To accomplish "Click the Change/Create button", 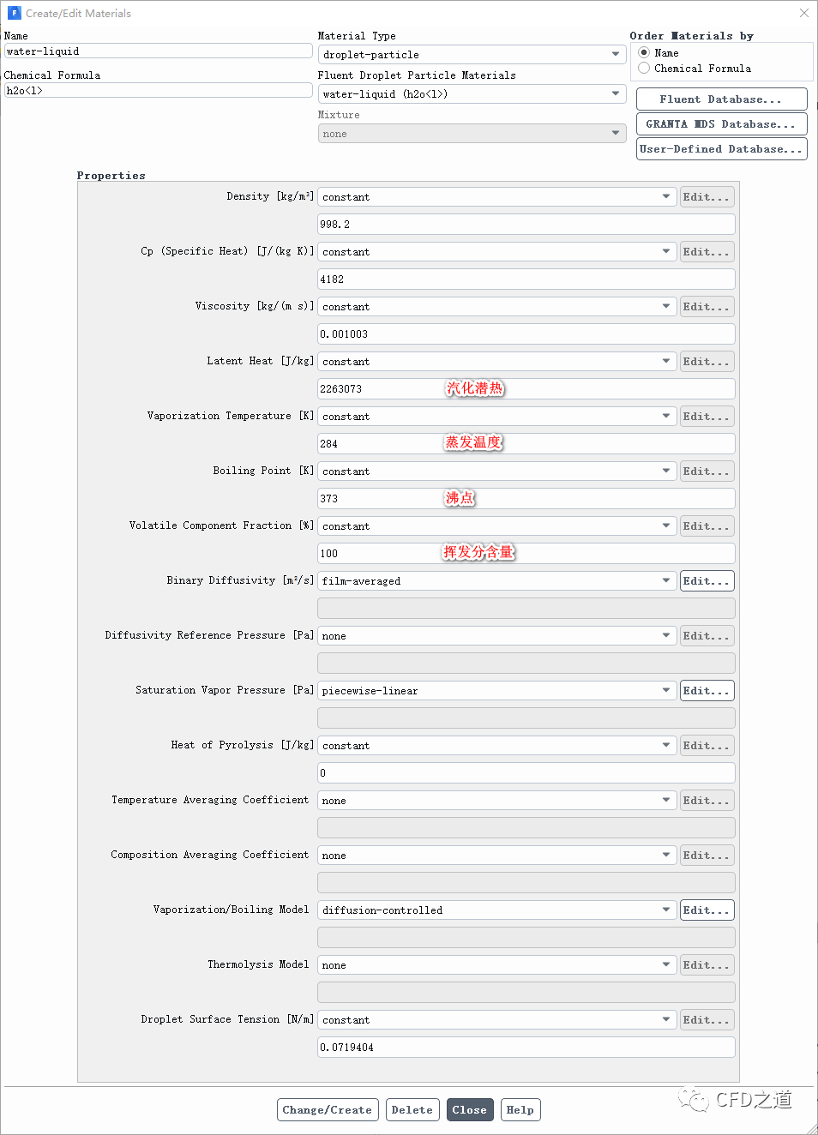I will (327, 1110).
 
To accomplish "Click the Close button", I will (469, 1110).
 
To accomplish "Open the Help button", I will (520, 1110).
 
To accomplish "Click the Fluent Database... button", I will (721, 99).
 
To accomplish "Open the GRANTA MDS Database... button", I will (721, 124).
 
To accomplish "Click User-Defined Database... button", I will (721, 149).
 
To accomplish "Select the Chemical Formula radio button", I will (644, 69).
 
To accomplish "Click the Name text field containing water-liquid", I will (158, 51).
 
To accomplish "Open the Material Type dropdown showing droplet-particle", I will (472, 55).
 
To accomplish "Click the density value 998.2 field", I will (526, 225).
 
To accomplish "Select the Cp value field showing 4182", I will (526, 279).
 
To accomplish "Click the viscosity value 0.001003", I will (526, 334).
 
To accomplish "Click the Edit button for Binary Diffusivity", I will (707, 581).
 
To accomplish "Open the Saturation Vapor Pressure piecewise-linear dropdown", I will (496, 691).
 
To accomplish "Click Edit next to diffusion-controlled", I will (707, 910).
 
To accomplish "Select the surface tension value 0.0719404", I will (526, 1048).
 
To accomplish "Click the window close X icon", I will (803, 13).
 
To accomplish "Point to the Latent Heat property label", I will (260, 361).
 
